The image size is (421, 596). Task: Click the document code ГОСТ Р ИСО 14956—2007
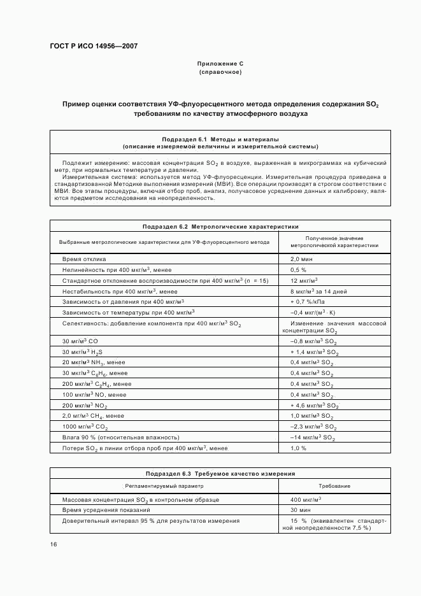(94, 46)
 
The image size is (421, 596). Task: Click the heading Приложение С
(220, 64)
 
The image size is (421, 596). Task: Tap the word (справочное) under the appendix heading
(220, 72)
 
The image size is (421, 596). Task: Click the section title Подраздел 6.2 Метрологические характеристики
(220, 227)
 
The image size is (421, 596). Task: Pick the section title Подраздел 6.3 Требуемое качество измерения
(220, 474)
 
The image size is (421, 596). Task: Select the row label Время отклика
(84, 259)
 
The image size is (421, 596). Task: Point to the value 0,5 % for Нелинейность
(299, 270)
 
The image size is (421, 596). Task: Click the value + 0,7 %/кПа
(308, 301)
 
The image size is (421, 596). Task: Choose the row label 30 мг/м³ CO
(80, 342)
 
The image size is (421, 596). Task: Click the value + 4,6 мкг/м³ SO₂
(314, 405)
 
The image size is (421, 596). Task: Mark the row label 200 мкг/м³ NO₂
(85, 405)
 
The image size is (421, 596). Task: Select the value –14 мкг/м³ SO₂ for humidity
(313, 437)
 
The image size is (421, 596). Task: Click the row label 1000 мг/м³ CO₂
(85, 427)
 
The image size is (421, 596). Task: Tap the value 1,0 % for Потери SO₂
(299, 448)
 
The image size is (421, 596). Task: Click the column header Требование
(334, 486)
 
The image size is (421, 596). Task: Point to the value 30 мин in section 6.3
(300, 510)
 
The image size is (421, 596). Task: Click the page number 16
(54, 544)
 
